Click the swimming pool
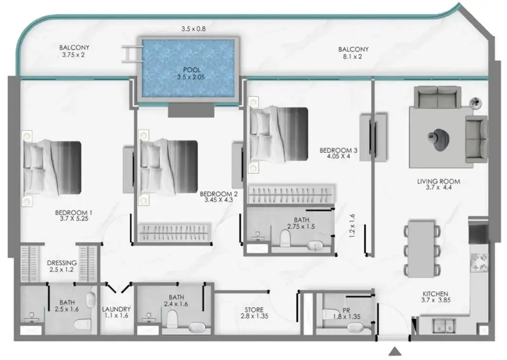point(188,68)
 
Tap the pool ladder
point(132,54)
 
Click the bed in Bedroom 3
point(278,134)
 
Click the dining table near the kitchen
point(422,249)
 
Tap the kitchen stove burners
point(479,263)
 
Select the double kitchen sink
point(444,326)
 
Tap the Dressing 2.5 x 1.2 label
point(62,266)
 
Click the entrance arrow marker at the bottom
point(395,352)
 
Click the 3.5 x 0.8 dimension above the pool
point(193,29)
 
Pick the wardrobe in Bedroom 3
point(291,195)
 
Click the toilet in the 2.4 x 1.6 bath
point(173,319)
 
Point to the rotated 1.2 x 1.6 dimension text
point(352,226)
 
